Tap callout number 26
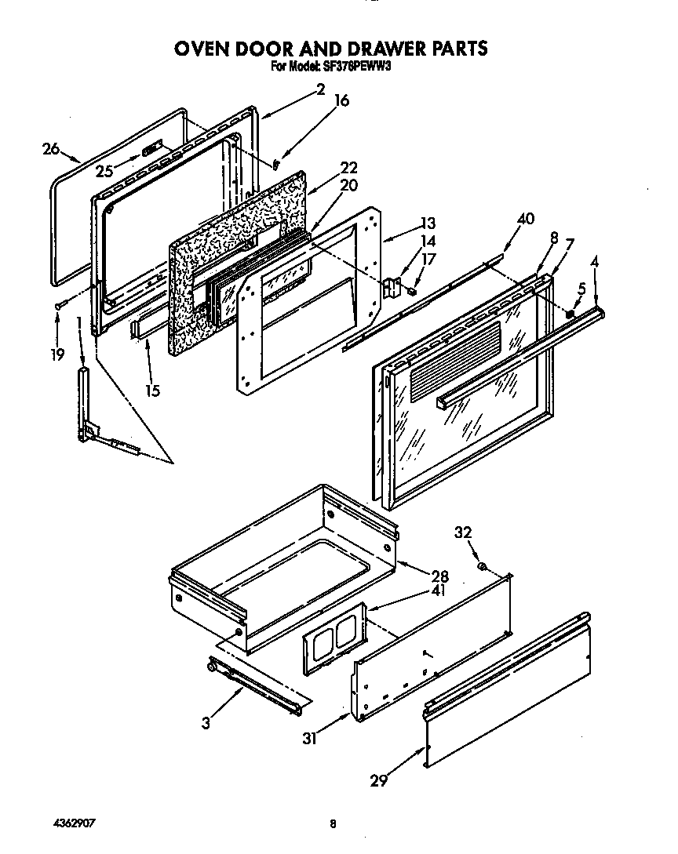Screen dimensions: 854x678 pos(51,147)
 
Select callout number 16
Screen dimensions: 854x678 pos(341,100)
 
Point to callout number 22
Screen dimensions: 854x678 pos(348,167)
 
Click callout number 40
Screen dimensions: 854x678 pos(525,219)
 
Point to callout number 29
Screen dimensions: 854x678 pos(379,780)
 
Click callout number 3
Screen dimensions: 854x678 pos(206,724)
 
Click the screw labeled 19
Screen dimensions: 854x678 pos(59,307)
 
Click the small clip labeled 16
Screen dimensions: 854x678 pos(277,164)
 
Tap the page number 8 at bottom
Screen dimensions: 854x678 pos(333,823)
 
